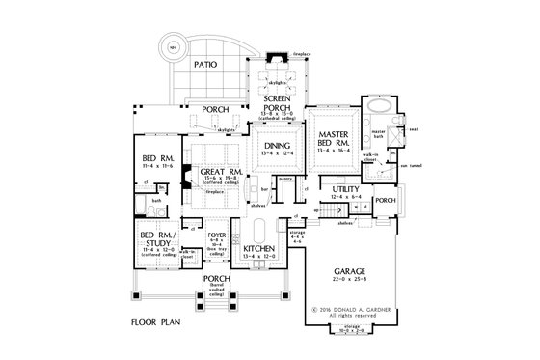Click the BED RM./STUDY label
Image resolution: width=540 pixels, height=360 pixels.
tap(158, 238)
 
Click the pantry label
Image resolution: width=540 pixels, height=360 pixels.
tap(284, 179)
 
